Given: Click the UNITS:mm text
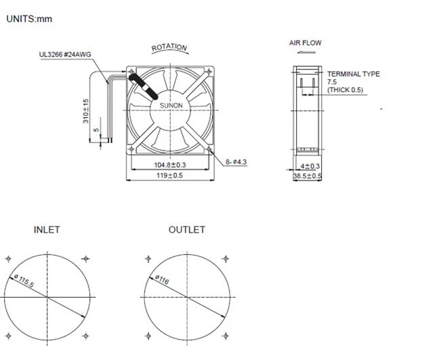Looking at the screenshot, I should (x=29, y=19).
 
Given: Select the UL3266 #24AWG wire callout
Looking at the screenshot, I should (x=65, y=54).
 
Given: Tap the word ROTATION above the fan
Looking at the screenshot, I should (x=169, y=47).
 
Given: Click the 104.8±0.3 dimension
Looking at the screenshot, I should (x=169, y=165).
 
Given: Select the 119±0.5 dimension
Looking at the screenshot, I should (x=169, y=175).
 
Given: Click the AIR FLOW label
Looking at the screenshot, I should (x=305, y=43).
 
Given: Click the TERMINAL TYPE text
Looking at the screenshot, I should (x=353, y=74).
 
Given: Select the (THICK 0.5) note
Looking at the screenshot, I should (x=345, y=89).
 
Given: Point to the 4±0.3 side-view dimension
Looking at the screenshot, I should (x=310, y=165).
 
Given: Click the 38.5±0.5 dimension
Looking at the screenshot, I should (x=307, y=176).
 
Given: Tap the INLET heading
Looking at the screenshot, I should (x=47, y=230).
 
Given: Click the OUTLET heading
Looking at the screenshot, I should (x=186, y=230).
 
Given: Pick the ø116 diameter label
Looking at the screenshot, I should (x=161, y=279).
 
